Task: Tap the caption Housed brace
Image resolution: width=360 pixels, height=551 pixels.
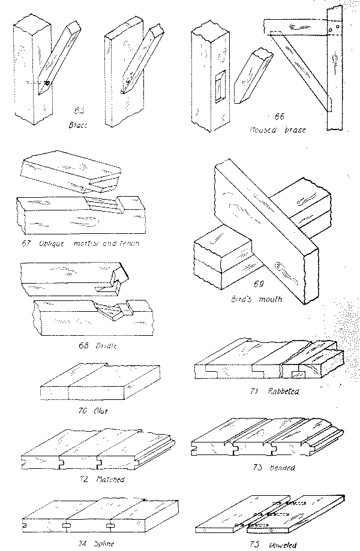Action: pos(275,128)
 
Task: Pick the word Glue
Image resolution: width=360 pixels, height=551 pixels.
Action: pos(100,411)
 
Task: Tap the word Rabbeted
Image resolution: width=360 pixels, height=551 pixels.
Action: pos(284,391)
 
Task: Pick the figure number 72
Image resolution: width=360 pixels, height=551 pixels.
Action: pos(84,479)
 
